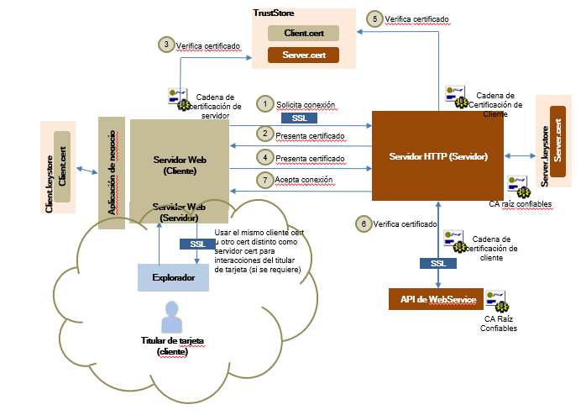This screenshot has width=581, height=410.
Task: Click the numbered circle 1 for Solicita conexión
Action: point(265,104)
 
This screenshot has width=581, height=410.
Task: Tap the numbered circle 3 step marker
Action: point(167,45)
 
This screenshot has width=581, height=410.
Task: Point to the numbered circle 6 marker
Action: point(363,224)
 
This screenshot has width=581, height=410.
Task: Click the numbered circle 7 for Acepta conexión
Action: point(265,180)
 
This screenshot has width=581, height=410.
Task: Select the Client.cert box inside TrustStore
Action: point(303,33)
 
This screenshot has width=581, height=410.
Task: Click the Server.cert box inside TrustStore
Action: point(303,55)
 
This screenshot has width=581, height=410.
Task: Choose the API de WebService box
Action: point(432,300)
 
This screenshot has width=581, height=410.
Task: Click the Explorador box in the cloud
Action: point(173,276)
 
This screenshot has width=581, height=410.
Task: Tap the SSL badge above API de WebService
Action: point(437,263)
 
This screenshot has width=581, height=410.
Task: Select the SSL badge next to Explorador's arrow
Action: point(197,244)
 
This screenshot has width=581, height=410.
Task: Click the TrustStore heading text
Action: point(274,13)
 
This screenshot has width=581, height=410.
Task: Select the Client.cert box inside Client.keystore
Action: point(61,166)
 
